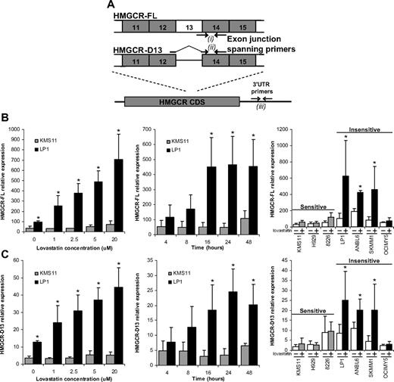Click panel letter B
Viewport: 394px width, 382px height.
(x=5, y=120)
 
